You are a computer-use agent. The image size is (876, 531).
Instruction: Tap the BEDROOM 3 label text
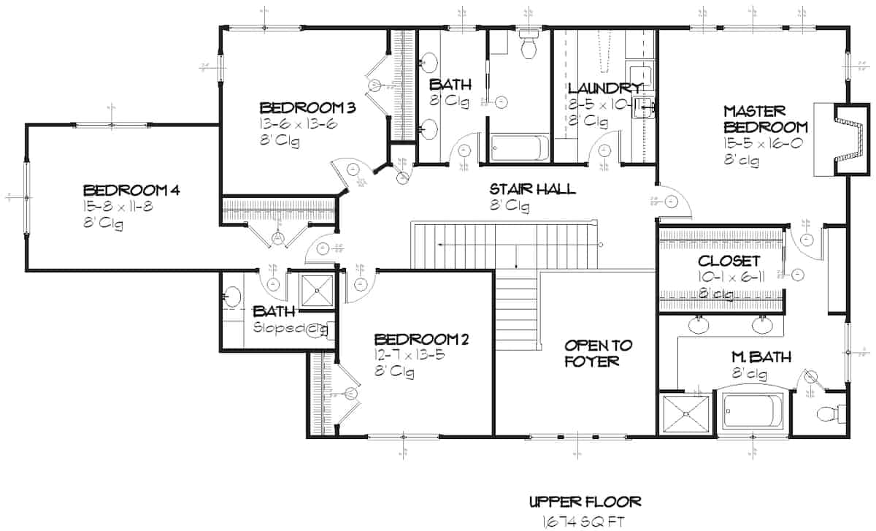tap(307, 108)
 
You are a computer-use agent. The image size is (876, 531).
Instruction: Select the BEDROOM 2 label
tap(421, 340)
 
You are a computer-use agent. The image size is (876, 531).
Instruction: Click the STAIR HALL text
tap(532, 189)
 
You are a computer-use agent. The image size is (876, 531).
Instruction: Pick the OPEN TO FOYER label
tap(599, 353)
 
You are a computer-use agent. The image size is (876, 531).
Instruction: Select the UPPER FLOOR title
tap(585, 502)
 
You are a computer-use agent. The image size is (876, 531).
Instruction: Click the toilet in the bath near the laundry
tap(527, 45)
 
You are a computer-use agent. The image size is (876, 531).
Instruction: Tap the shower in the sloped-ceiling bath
tap(318, 290)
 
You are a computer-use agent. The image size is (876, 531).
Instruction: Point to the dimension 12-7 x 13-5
tap(409, 356)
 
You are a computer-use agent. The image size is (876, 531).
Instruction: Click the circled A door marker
tap(277, 237)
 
